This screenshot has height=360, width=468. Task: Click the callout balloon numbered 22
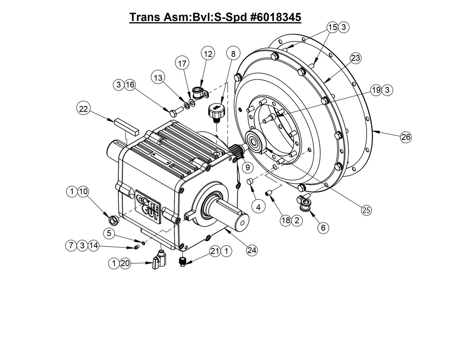84,109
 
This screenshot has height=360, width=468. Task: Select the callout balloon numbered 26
405,137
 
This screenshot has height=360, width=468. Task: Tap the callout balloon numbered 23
355,58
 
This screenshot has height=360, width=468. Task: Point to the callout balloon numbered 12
208,54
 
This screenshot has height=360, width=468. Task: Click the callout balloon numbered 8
233,54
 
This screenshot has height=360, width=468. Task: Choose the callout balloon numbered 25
366,210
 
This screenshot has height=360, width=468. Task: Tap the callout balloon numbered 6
323,228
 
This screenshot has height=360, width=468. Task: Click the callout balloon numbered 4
258,207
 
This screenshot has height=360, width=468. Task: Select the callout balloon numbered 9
247,167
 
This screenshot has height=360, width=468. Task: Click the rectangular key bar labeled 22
126,126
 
